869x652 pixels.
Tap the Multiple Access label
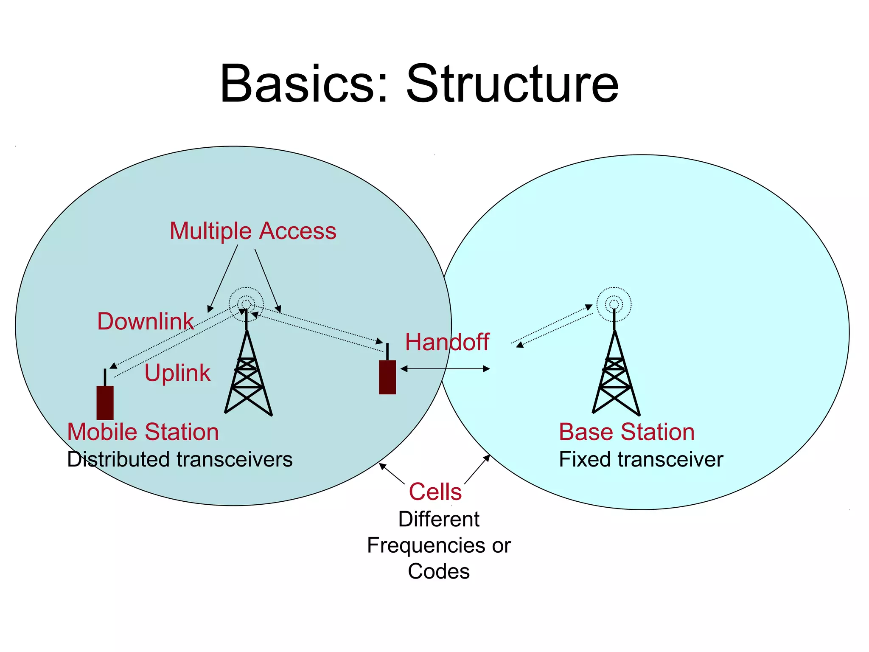(x=253, y=231)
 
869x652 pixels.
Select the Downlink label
(x=145, y=321)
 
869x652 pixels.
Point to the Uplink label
(x=177, y=373)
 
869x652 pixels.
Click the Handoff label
(x=447, y=342)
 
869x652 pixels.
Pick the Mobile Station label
(x=143, y=432)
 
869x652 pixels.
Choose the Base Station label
(x=627, y=432)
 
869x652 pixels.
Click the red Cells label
(x=435, y=492)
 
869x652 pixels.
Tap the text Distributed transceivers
(x=180, y=459)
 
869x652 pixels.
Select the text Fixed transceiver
(x=641, y=459)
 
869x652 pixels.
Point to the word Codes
(x=439, y=571)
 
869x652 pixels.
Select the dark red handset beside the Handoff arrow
(x=387, y=377)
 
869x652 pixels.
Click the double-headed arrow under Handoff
(x=445, y=369)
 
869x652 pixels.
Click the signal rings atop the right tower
(x=614, y=304)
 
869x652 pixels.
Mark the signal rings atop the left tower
(x=246, y=304)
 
